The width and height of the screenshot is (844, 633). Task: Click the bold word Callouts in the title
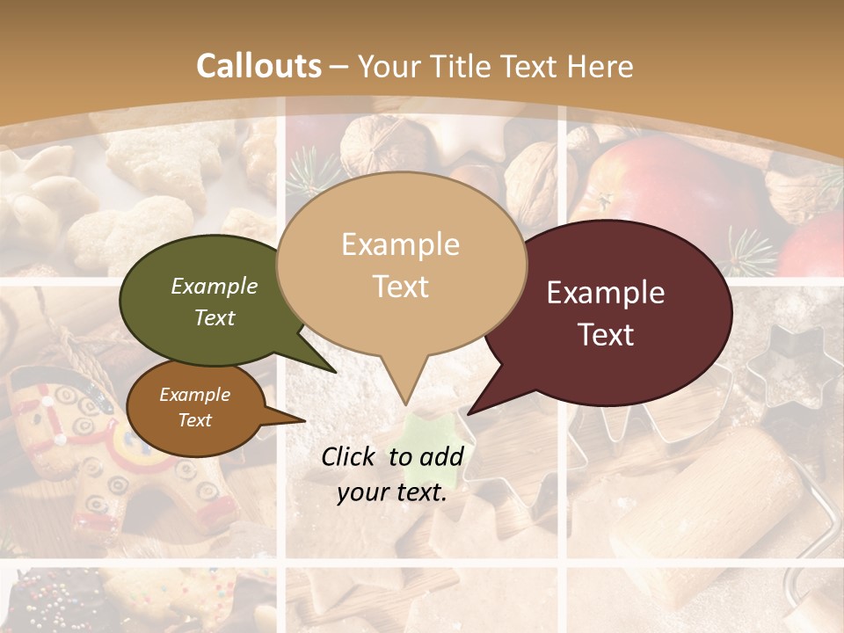tap(258, 66)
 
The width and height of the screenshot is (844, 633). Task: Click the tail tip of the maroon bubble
tap(469, 413)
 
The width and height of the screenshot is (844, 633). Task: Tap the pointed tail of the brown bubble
tap(303, 420)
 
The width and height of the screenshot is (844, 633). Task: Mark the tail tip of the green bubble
tap(334, 372)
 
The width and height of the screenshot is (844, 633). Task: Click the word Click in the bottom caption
tap(349, 456)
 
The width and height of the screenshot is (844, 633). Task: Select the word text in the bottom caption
tap(417, 493)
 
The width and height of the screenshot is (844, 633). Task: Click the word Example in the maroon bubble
tap(606, 293)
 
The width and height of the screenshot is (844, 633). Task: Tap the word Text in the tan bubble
tap(401, 287)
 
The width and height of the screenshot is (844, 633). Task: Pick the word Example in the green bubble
tap(215, 286)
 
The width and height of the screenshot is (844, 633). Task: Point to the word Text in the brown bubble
tap(195, 420)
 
